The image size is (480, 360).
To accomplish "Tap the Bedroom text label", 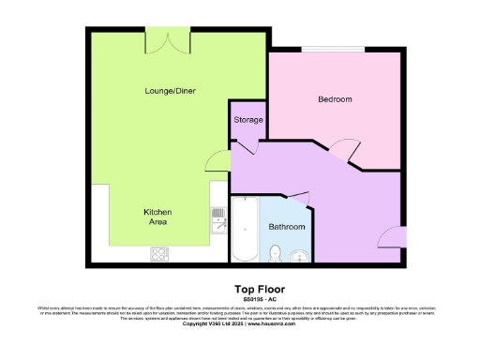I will click(x=335, y=99).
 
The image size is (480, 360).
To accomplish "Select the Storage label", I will click(x=248, y=119).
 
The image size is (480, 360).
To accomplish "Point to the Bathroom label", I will click(x=286, y=227).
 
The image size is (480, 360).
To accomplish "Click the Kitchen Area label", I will click(x=157, y=218).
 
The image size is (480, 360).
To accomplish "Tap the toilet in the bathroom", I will click(x=275, y=252).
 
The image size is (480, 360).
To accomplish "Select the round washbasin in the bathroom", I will click(x=300, y=254).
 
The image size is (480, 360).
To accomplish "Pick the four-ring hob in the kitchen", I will click(x=157, y=253).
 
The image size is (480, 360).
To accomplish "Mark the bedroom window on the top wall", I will click(x=334, y=48).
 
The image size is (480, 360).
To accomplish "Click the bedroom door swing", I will click(x=340, y=146).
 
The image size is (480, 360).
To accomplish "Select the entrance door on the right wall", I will click(x=387, y=236).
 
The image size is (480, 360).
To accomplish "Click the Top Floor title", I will click(x=258, y=289).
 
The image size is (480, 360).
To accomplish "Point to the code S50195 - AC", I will click(x=258, y=299).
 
